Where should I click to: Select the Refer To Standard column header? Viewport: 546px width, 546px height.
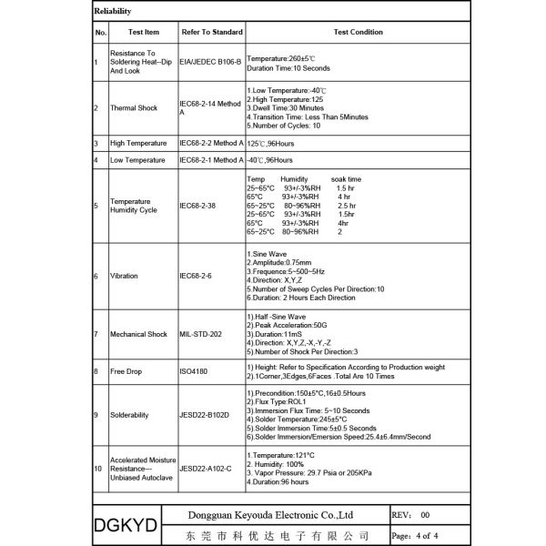pos(212,32)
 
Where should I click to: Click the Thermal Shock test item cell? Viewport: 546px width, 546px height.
pos(134,108)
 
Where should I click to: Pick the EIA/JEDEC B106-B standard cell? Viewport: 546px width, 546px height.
pos(210,63)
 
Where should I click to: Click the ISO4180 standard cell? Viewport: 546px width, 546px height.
pos(196,371)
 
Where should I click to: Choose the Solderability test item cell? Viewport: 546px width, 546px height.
pos(131,415)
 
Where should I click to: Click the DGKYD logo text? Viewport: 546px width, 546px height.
pos(126,525)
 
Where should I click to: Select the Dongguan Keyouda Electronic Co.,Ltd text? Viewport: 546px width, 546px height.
pos(277,514)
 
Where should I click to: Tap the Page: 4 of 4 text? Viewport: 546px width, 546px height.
pos(415,535)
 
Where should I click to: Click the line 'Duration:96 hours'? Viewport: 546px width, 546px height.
pos(278,481)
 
